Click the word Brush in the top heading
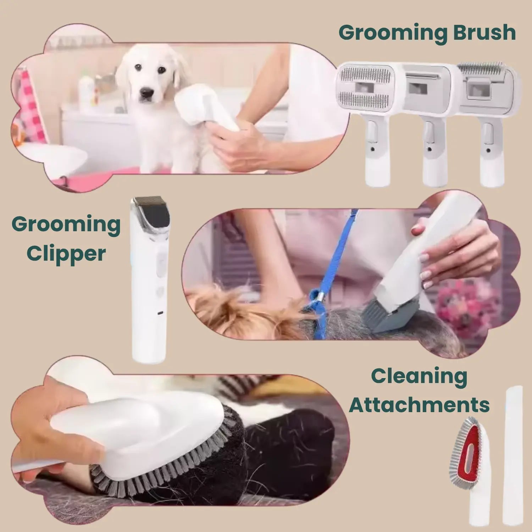coord(484,33)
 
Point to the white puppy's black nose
coord(147,93)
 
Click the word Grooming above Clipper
coord(66,225)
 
